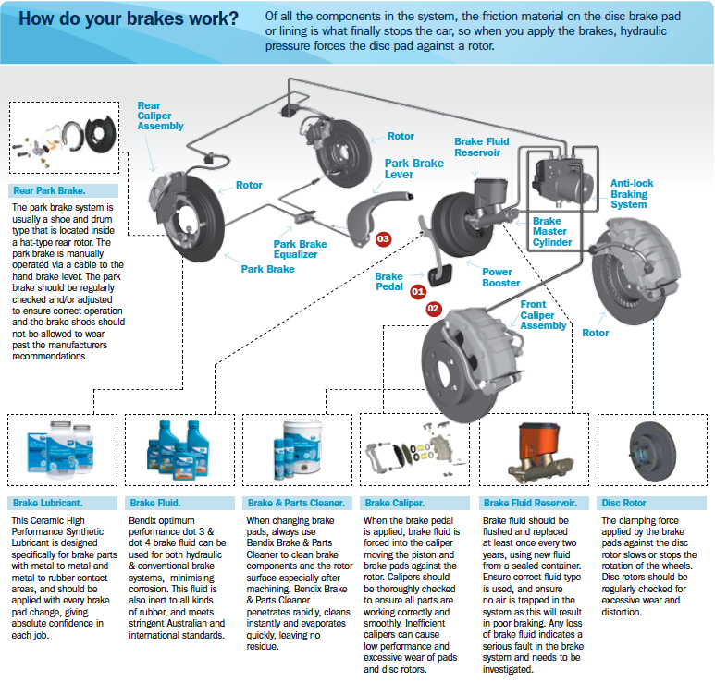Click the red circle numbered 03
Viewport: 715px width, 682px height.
click(x=382, y=238)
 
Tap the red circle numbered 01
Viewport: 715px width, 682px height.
click(x=417, y=291)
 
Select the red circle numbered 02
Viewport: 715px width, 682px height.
click(x=433, y=307)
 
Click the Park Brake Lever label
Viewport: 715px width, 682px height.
click(x=413, y=169)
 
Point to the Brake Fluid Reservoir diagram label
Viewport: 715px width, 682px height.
click(x=481, y=147)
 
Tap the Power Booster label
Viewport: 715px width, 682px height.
click(x=503, y=277)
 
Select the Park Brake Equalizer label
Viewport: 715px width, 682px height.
click(x=300, y=250)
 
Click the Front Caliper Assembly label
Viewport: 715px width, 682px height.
click(x=543, y=315)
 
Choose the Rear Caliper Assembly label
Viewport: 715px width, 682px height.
click(x=161, y=116)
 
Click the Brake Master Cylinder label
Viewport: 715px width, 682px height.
click(x=551, y=232)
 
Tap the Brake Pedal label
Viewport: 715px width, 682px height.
click(x=388, y=282)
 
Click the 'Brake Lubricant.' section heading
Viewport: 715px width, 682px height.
click(x=47, y=503)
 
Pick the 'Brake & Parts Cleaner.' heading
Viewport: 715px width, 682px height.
click(x=296, y=503)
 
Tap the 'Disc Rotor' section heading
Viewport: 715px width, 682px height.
click(x=623, y=503)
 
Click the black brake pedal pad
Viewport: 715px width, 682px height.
click(x=438, y=274)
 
